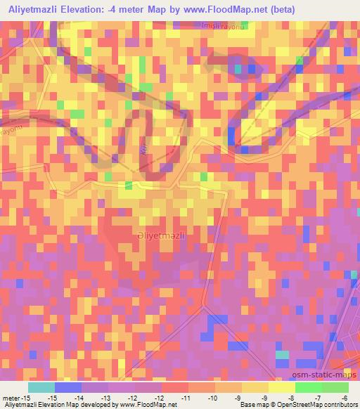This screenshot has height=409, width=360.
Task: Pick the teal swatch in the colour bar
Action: (x=41, y=387)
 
